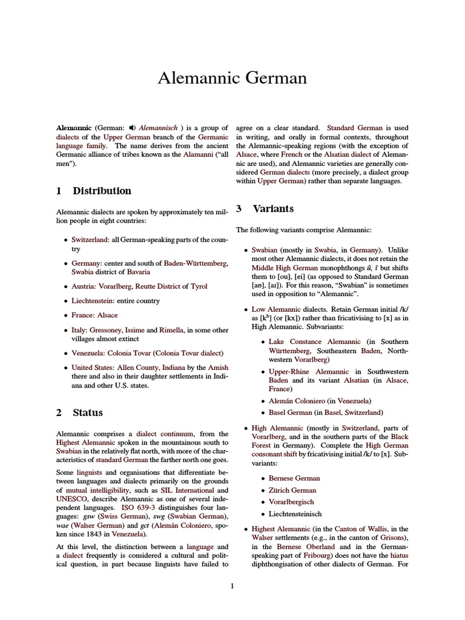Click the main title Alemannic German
pos(232,78)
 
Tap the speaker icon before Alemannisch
pos(132,128)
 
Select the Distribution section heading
pos(102,191)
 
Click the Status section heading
pos(88,412)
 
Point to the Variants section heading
pos(273,208)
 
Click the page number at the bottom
pos(232,585)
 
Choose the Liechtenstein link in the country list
pos(94,300)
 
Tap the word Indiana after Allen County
pos(176,368)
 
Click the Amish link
pos(218,368)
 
